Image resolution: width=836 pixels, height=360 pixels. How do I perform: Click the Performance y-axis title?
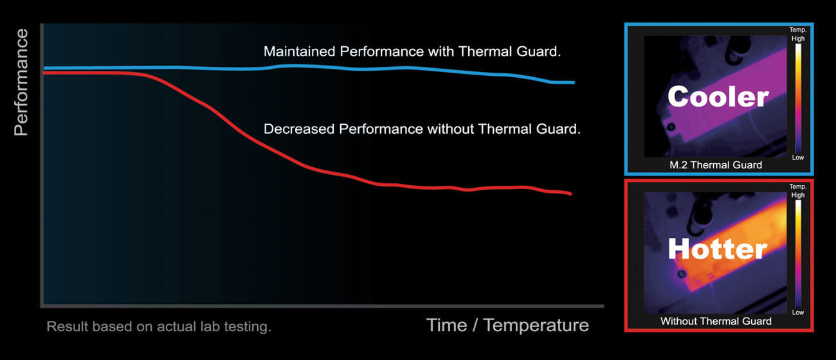click(21, 82)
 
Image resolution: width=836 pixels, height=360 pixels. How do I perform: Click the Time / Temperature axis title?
click(507, 325)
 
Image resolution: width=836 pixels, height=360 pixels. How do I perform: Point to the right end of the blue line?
click(573, 82)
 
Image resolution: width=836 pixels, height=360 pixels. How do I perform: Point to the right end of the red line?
click(570, 194)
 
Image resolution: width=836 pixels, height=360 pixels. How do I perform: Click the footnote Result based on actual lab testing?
click(159, 327)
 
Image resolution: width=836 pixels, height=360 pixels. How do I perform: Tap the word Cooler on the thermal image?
click(718, 96)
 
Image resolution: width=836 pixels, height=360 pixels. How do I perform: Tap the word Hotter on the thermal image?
click(717, 249)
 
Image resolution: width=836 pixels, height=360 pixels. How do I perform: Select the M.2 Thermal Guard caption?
click(716, 165)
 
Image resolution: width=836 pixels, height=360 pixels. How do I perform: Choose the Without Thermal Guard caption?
click(716, 321)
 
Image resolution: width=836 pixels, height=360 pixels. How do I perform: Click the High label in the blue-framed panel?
click(797, 39)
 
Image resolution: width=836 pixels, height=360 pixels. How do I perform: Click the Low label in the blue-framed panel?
click(797, 157)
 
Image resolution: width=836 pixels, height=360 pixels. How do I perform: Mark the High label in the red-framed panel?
click(797, 195)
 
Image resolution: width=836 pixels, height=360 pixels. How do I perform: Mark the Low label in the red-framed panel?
click(797, 312)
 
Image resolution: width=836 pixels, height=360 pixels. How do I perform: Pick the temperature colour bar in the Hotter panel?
click(797, 254)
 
